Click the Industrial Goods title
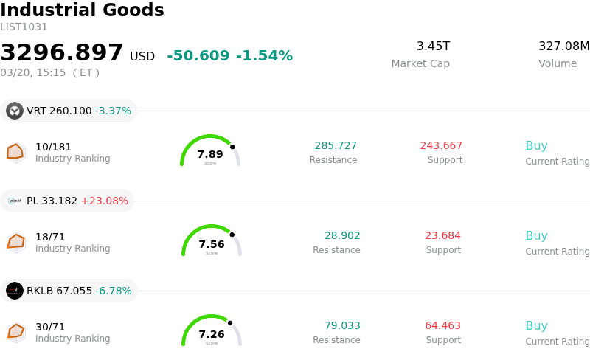click(82, 10)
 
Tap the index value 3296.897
click(62, 53)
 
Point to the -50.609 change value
click(198, 56)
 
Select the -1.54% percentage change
click(264, 56)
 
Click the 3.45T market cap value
click(433, 46)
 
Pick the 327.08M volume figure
click(564, 46)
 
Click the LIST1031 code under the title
click(24, 27)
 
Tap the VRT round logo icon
click(15, 111)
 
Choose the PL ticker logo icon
click(15, 201)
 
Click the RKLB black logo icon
click(15, 291)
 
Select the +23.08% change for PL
click(104, 201)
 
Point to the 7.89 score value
click(210, 154)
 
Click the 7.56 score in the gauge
click(212, 244)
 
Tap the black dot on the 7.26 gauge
click(230, 322)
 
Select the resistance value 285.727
click(336, 145)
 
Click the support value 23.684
click(442, 235)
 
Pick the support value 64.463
click(442, 325)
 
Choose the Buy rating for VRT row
click(536, 145)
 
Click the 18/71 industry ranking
click(50, 237)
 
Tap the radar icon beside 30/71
click(16, 332)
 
